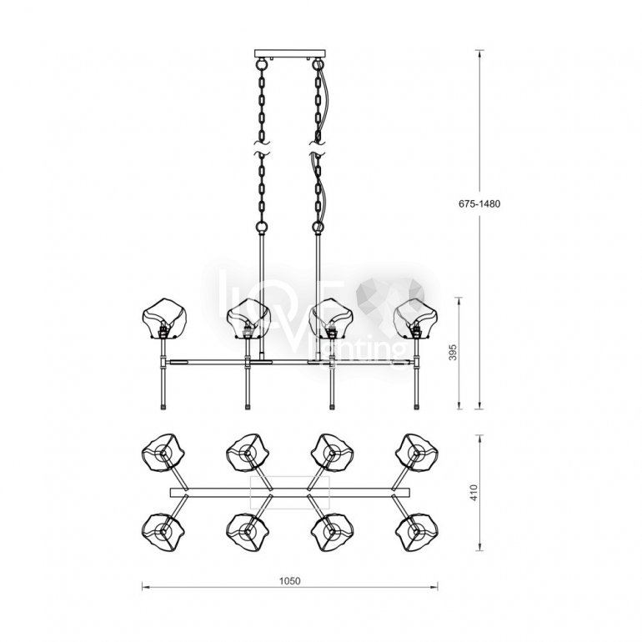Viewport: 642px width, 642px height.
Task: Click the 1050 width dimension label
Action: pyautogui.click(x=289, y=580)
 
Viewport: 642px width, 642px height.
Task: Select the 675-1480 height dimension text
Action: pyautogui.click(x=479, y=204)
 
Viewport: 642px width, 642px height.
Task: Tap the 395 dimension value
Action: pyautogui.click(x=453, y=352)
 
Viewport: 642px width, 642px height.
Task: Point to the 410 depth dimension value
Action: pyautogui.click(x=474, y=493)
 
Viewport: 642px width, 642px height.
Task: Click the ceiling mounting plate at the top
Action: pyautogui.click(x=290, y=53)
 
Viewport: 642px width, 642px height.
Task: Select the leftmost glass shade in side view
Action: pyautogui.click(x=163, y=319)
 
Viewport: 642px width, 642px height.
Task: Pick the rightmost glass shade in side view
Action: pyautogui.click(x=415, y=318)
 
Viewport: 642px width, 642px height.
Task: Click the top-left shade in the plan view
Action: pyautogui.click(x=163, y=453)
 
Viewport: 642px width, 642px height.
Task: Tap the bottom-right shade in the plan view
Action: pyautogui.click(x=417, y=532)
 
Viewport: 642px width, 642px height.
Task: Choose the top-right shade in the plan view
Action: pyautogui.click(x=417, y=453)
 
